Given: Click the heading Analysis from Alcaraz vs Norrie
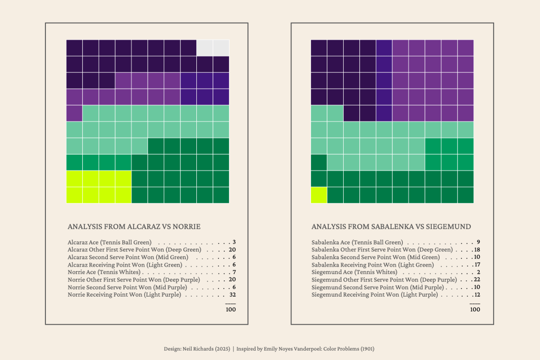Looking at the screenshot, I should tap(134, 226).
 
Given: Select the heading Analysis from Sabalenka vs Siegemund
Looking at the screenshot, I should tap(391, 226).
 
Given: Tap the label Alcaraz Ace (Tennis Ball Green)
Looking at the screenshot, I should tap(110, 242).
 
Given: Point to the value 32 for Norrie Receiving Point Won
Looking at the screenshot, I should tap(232, 295).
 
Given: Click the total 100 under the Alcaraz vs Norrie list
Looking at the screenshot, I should tap(231, 309).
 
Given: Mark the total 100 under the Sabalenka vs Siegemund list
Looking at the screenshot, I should tap(475, 309).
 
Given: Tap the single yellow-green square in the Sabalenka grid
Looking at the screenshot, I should tap(319, 195).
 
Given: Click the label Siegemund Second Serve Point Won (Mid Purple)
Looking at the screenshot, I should tap(377, 287).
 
